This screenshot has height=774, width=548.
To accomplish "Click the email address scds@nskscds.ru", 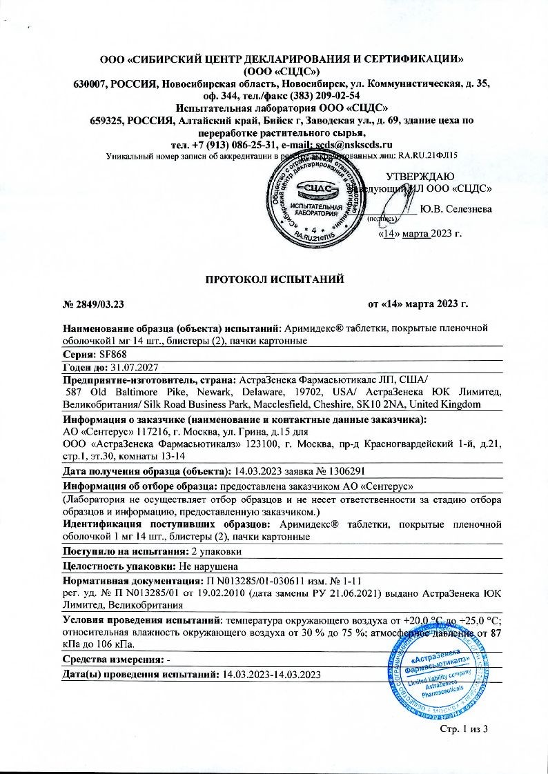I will click(x=353, y=144).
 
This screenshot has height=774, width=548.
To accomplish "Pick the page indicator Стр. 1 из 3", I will click(x=463, y=731).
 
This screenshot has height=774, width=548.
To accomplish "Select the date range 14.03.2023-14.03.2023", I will click(x=273, y=674).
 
